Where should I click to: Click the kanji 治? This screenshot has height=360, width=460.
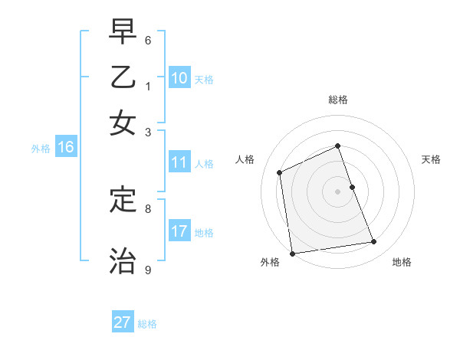(x=123, y=260)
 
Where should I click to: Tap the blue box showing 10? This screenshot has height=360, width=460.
(x=179, y=78)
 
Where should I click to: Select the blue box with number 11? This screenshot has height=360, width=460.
(x=179, y=162)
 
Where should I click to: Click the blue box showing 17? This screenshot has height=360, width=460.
(x=179, y=231)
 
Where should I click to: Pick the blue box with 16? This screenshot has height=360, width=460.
(x=65, y=148)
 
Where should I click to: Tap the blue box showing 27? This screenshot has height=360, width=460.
(x=123, y=322)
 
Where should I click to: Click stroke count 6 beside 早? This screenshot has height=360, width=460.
(x=148, y=40)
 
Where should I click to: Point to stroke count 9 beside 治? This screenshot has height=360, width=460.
(x=148, y=270)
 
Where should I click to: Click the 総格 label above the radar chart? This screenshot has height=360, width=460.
(x=338, y=100)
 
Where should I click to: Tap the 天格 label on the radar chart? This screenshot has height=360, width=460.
(x=431, y=159)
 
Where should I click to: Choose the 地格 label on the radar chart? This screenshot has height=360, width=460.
(x=402, y=262)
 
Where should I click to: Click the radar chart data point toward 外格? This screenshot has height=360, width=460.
(x=291, y=254)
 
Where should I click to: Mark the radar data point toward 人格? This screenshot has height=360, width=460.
(x=280, y=172)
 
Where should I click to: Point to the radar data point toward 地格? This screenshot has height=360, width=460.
(x=374, y=242)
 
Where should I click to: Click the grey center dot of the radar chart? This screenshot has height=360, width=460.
(x=338, y=191)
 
